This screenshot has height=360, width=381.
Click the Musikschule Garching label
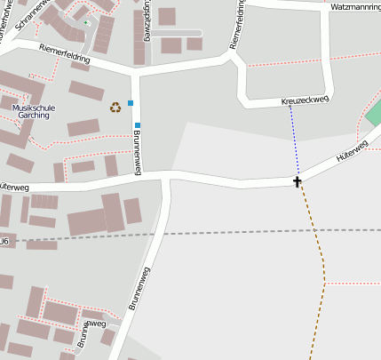[34, 111]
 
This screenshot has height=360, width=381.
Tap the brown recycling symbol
[115, 108]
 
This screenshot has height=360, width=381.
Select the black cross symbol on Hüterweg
[298, 181]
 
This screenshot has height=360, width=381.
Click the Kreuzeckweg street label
[304, 102]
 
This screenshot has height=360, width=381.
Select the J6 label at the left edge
[4, 241]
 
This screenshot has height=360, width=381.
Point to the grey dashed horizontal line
[222, 233]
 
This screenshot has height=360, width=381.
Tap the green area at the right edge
[374, 114]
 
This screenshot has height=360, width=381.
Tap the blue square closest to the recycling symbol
[131, 103]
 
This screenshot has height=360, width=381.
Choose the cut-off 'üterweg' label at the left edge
[15, 188]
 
